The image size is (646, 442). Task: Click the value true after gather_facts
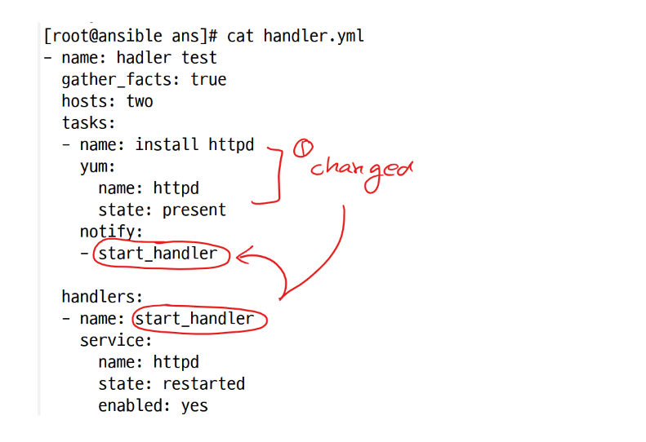coord(208,80)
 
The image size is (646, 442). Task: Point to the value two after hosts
coord(139,102)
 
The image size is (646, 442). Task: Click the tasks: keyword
coord(88,123)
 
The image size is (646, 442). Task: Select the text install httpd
coord(194,145)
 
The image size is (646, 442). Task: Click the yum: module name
coord(98,167)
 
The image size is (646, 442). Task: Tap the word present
coord(194,210)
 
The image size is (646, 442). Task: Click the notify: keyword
coord(111,232)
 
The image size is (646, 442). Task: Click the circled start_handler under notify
coord(158,254)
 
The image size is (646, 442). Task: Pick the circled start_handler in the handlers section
coord(195,319)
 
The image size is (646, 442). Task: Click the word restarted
coord(203,384)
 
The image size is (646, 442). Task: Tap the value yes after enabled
coord(194,406)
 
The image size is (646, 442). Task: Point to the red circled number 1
coord(303,148)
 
